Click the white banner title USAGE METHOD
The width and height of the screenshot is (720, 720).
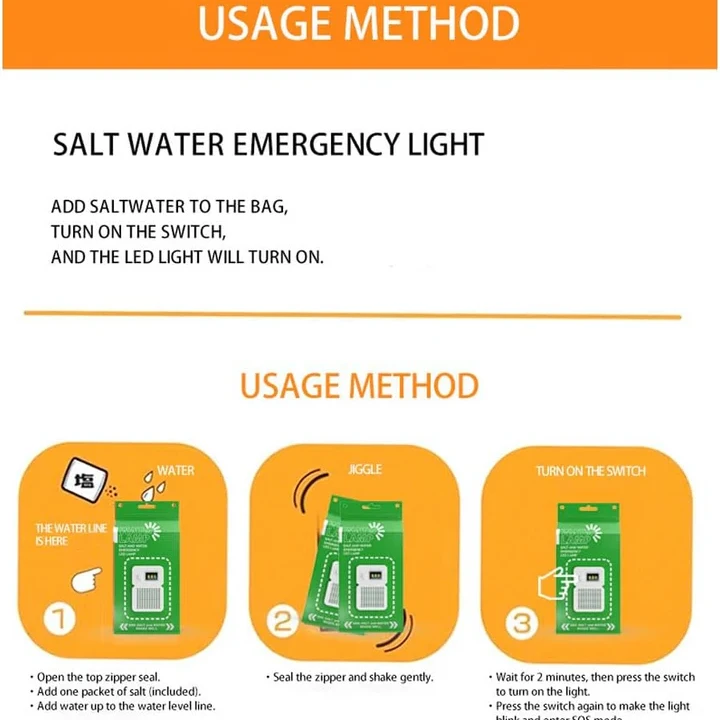[x=359, y=24]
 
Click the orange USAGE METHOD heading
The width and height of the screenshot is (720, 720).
[x=359, y=385]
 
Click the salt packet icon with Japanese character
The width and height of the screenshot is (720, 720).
[x=84, y=481]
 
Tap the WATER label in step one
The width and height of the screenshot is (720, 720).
[x=176, y=470]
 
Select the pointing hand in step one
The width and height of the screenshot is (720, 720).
[x=84, y=577]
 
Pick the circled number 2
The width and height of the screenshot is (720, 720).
[x=284, y=621]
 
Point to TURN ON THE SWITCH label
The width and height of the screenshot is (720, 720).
[x=590, y=470]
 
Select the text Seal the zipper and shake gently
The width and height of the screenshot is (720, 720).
[x=354, y=677]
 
